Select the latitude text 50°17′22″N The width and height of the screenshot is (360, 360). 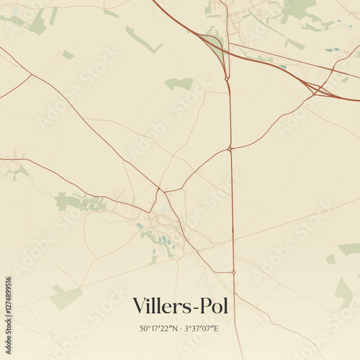click(x=159, y=328)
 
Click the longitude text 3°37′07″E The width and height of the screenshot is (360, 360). click(x=203, y=328)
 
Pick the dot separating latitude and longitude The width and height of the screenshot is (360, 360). click(x=181, y=328)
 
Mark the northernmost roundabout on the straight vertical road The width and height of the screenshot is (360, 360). click(x=227, y=78)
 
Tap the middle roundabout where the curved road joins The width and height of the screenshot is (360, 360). click(x=230, y=149)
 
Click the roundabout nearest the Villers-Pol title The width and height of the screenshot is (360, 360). click(x=233, y=271)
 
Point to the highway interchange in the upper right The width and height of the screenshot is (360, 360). click(x=316, y=89)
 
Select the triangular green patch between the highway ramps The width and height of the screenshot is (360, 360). click(x=214, y=45)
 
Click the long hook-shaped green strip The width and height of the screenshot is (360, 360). click(x=142, y=40)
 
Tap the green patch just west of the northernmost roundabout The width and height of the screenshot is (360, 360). click(x=180, y=84)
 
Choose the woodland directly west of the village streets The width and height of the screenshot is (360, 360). click(x=79, y=202)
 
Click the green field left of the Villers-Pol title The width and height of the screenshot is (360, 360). click(x=66, y=297)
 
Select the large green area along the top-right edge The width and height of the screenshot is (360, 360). click(x=299, y=9)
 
